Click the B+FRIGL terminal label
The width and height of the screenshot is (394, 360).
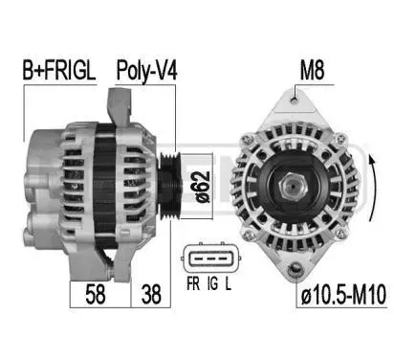59,70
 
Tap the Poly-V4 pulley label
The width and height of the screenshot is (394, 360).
146,71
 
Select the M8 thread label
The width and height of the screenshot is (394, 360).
312,70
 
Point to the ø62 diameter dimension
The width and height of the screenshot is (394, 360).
202,187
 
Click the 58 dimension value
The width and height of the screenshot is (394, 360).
96,295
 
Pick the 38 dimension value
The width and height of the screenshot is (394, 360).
151,295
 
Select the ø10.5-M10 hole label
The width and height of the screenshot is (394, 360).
343,294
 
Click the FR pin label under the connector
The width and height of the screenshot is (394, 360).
193,283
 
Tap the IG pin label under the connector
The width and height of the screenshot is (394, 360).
212,283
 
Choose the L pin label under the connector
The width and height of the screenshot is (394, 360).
229,283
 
